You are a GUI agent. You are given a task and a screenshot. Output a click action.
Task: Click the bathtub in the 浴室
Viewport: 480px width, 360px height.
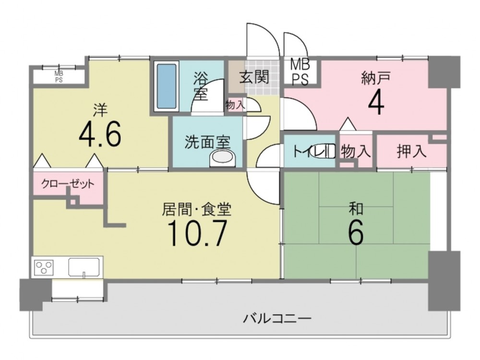click(167, 86)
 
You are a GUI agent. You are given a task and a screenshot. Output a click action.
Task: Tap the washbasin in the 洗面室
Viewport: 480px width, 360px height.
click(223, 157)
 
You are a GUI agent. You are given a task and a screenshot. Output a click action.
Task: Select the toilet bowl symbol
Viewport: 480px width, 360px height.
click(323, 151)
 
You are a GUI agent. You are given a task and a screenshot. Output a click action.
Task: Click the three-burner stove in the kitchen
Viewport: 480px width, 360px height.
click(44, 267)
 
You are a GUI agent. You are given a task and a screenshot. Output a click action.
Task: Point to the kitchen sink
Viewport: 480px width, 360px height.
click(84, 267)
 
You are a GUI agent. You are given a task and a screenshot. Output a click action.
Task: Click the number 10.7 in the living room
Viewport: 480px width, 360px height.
click(197, 233)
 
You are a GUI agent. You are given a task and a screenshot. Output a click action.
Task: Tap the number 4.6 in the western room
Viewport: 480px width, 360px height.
click(100, 134)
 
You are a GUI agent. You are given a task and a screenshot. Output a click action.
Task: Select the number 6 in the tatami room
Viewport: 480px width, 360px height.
click(356, 232)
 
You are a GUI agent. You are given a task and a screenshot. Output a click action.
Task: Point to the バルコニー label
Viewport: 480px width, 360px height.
click(277, 319)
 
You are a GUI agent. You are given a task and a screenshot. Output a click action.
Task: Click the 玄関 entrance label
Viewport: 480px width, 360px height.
click(254, 76)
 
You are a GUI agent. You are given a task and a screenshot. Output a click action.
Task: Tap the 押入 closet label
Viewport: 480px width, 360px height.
click(411, 151)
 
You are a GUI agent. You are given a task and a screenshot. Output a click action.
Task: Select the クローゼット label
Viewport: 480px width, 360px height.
click(68, 184)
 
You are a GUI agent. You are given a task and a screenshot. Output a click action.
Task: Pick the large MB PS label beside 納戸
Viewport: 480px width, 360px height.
click(300, 72)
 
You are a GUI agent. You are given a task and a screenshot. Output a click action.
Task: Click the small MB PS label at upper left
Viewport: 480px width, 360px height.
click(59, 77)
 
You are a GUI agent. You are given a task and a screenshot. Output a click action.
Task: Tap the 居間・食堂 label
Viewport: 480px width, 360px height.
click(196, 210)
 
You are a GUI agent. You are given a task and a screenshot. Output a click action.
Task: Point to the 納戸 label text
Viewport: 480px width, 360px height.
click(376, 78)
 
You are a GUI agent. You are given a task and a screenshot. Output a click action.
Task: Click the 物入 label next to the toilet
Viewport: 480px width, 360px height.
click(356, 151)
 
